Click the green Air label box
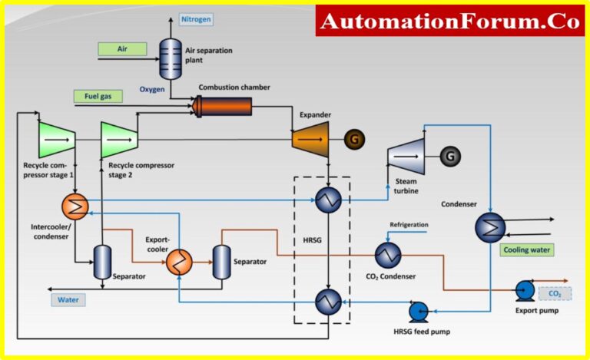(x=122, y=48)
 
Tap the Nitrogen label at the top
(x=196, y=18)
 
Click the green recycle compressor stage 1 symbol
(x=56, y=140)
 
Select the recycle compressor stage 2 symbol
(x=119, y=140)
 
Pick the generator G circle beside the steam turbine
(x=451, y=157)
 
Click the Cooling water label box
(x=526, y=249)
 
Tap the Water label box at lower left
(x=68, y=299)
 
